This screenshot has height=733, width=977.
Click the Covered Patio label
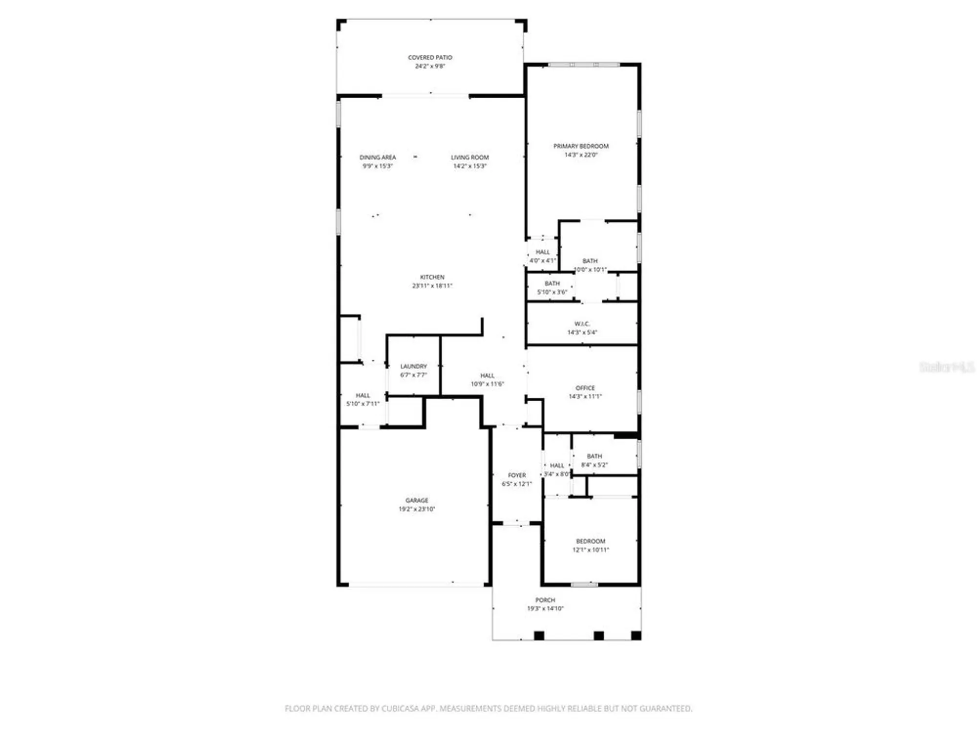tap(430, 57)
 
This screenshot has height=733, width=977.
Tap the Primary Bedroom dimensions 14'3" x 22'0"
tap(581, 155)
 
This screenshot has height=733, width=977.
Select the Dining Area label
tap(378, 157)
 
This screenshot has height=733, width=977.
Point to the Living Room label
tap(469, 157)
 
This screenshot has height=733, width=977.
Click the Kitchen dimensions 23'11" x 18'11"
tap(432, 286)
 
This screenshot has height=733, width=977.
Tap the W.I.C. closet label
tap(582, 324)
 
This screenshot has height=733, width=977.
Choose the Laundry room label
tap(413, 366)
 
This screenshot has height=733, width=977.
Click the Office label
tap(585, 388)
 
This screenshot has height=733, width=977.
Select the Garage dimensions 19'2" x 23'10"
tap(417, 509)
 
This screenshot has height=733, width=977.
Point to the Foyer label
tap(516, 475)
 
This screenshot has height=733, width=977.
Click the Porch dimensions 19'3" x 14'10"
tap(545, 609)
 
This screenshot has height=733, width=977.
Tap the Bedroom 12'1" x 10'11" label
tap(591, 541)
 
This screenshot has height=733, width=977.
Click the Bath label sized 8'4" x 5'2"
tap(594, 456)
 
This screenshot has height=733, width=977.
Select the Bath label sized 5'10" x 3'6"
tap(552, 283)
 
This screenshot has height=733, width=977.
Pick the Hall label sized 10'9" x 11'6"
tap(487, 376)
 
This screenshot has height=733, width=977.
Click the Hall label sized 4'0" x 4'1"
tap(542, 252)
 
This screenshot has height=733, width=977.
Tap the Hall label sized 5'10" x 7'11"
tap(362, 395)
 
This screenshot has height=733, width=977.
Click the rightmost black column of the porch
tap(636, 635)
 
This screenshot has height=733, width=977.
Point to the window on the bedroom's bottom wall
tap(584, 584)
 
